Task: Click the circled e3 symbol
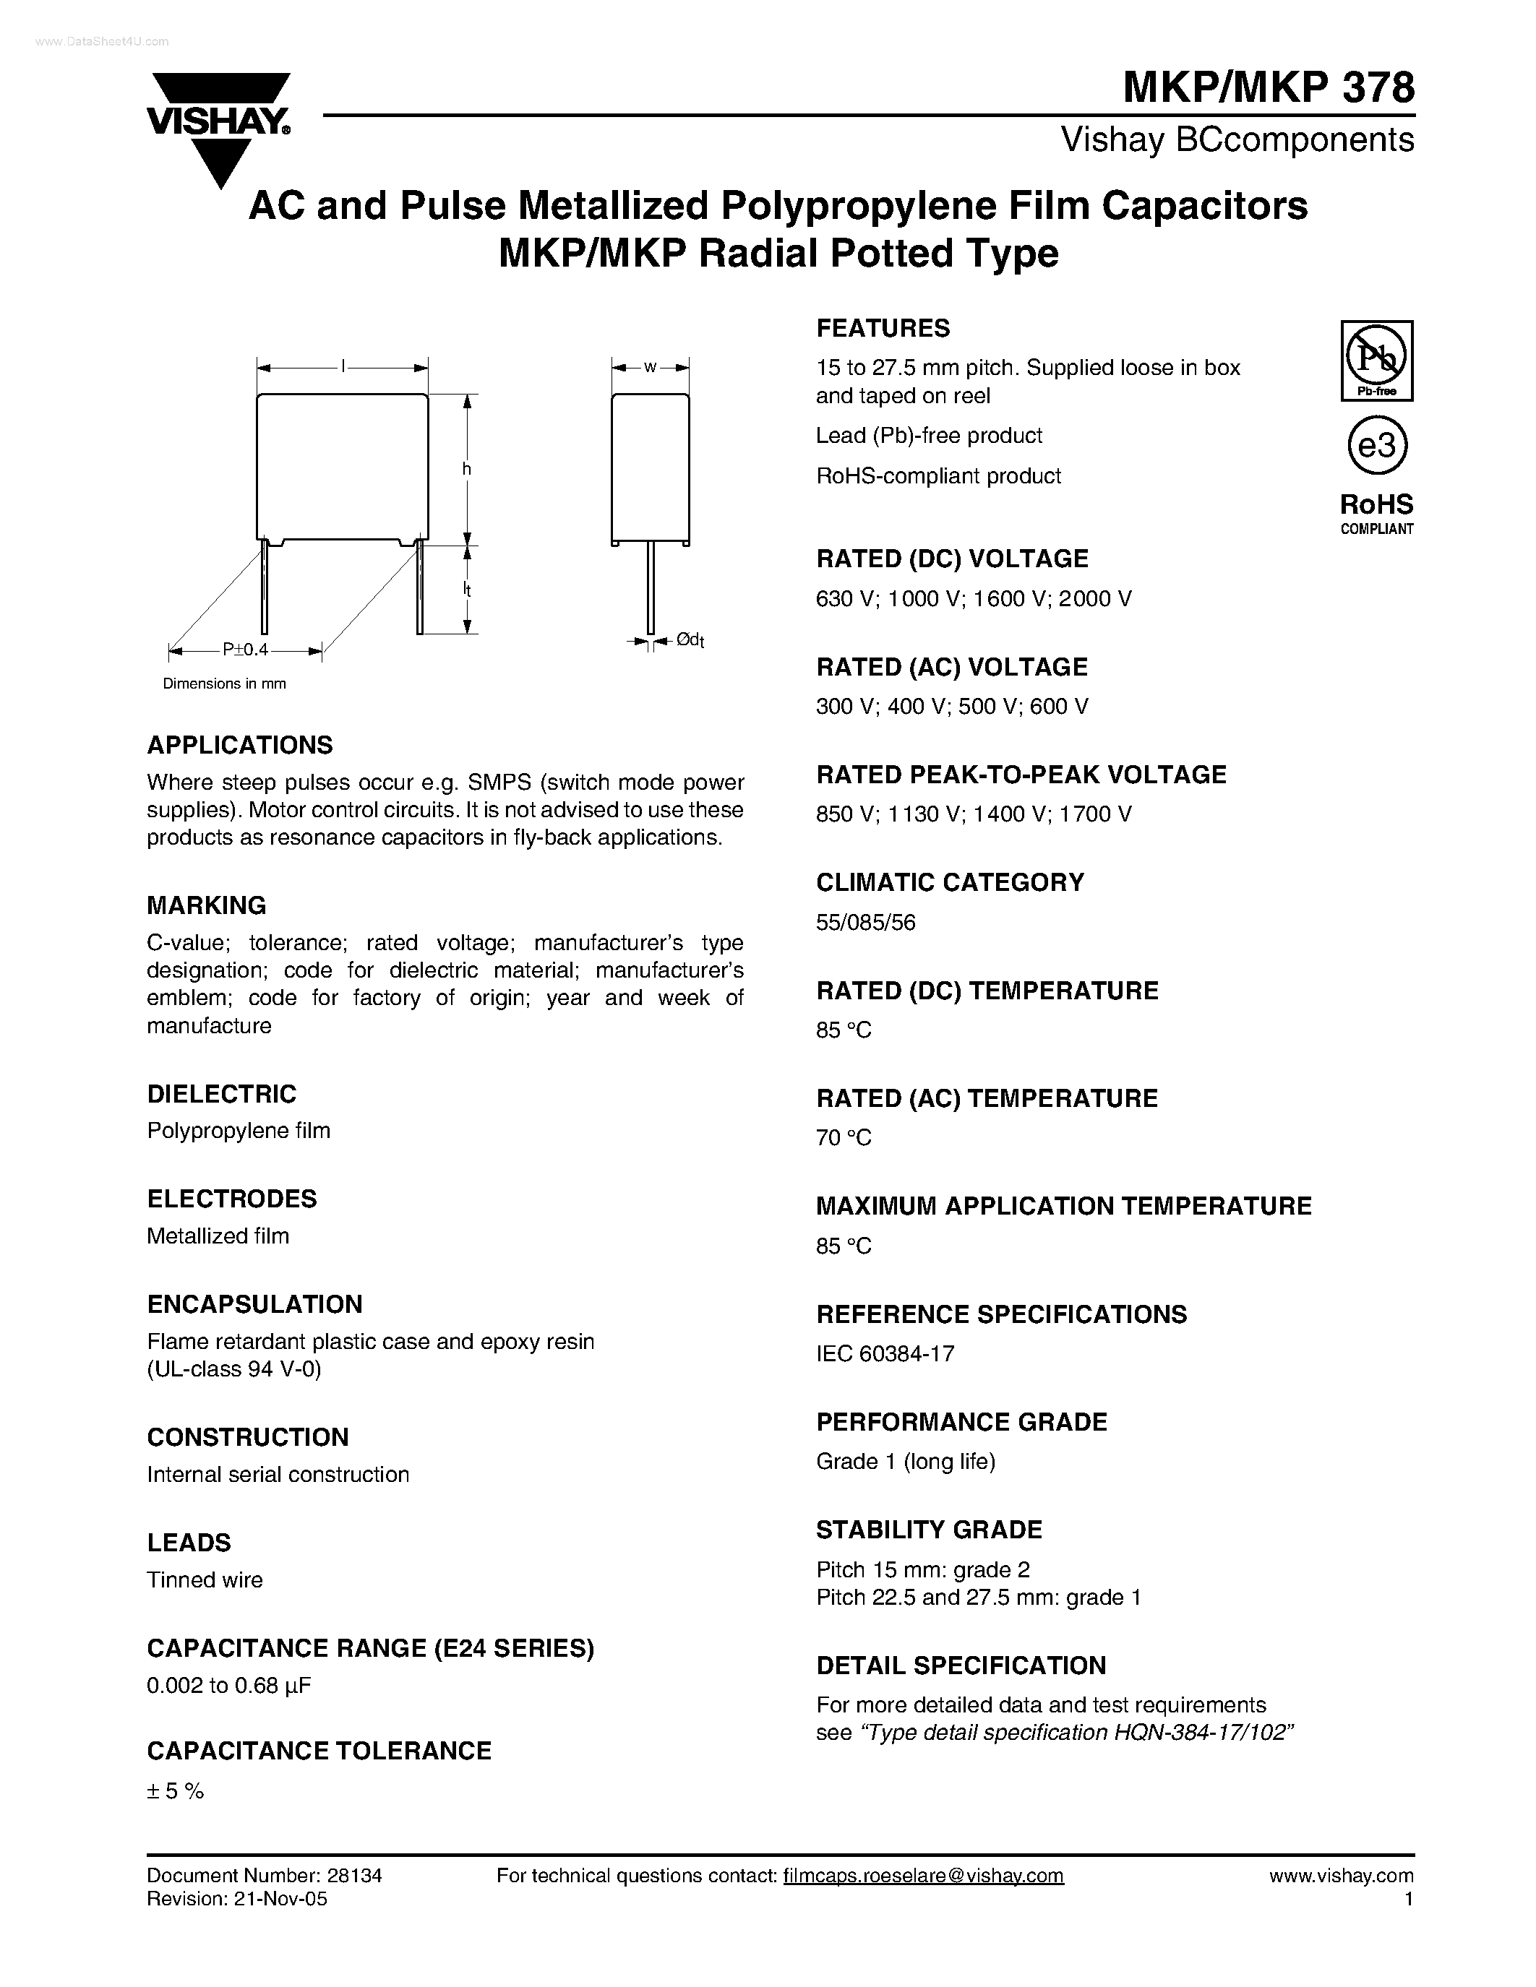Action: click(x=1377, y=446)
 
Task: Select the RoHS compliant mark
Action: click(x=1377, y=513)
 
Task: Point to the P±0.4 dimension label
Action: click(x=246, y=650)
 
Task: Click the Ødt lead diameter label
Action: click(x=690, y=640)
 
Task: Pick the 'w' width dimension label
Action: click(x=650, y=368)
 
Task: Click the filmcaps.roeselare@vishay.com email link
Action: click(x=923, y=1875)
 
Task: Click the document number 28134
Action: click(x=353, y=1875)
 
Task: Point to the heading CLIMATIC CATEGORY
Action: click(x=950, y=882)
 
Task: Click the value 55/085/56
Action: click(x=865, y=923)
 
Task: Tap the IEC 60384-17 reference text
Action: click(x=885, y=1354)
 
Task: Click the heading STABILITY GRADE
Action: click(x=929, y=1530)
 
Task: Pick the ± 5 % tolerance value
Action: click(x=176, y=1791)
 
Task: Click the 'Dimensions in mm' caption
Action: click(x=224, y=684)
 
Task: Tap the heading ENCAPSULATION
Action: click(x=254, y=1303)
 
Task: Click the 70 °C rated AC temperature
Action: click(x=844, y=1138)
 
